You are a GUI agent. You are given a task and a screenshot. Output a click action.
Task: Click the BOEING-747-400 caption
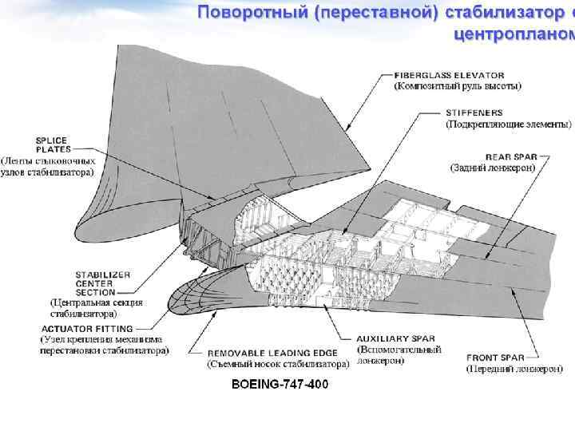[279, 385]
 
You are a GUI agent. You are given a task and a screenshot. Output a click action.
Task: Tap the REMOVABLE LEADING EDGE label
[271, 352]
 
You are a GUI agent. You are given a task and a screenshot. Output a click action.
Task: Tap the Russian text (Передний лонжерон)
[514, 370]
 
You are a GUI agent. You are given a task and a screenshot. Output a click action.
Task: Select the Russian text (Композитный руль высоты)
[458, 85]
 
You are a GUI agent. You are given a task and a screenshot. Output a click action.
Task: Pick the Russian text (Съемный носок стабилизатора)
[278, 364]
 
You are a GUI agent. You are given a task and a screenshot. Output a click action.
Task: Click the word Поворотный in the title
[248, 13]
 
